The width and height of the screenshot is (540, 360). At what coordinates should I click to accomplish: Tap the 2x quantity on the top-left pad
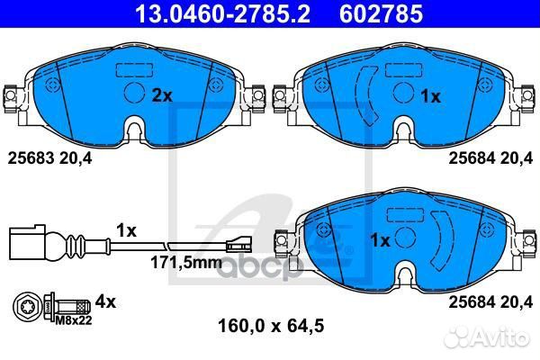[x=161, y=94]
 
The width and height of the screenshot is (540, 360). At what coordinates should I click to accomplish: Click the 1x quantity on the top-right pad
[x=430, y=95]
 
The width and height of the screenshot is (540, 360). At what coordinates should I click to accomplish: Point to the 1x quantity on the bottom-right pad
[x=381, y=240]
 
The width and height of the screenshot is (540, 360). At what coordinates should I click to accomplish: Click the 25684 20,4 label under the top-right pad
[x=490, y=157]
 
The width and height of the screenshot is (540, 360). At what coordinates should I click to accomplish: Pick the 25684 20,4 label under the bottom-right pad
[x=490, y=301]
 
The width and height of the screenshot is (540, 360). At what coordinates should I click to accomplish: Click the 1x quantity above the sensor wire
[x=125, y=229]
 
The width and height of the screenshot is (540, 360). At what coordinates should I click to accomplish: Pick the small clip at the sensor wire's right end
[x=238, y=242]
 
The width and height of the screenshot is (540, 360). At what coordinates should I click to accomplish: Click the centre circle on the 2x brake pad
[x=133, y=94]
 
